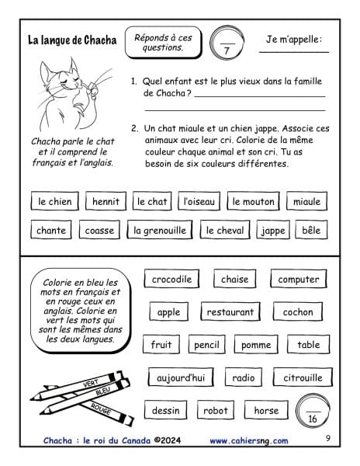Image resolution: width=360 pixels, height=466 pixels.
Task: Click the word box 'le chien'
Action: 55,201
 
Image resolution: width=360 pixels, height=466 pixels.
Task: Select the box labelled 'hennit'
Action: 106,201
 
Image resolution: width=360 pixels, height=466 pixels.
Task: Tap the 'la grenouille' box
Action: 160,230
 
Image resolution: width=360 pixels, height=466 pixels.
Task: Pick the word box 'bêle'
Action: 311,230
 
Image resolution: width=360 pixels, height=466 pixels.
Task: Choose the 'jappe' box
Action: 273,230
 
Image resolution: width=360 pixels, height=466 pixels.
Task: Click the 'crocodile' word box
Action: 171,279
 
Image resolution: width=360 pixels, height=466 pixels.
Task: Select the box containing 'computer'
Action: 299,279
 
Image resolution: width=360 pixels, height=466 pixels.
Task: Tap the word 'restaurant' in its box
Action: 230,311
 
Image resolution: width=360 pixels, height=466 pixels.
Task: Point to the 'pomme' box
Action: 256,344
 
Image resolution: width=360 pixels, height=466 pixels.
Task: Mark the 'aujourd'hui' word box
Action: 181,377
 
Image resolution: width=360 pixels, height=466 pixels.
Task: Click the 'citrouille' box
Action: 303,377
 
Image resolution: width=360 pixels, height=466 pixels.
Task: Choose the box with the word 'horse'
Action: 266,410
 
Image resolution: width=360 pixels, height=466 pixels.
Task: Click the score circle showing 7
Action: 227,43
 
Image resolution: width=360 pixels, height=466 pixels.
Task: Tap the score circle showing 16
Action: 313,411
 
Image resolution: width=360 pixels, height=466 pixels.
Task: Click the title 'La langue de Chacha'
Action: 72,40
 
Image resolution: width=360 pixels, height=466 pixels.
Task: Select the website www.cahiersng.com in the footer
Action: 249,440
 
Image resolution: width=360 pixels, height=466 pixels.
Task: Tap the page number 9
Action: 327,438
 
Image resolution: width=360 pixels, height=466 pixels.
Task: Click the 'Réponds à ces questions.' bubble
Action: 163,43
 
